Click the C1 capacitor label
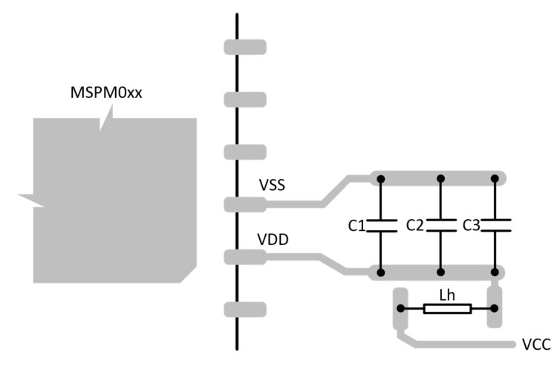358,225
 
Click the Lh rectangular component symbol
446,308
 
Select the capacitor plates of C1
380,225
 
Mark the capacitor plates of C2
440,225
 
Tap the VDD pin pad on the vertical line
244,257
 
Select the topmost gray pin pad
244,46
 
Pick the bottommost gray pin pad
244,308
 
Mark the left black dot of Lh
401,308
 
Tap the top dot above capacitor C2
440,178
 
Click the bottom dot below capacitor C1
380,272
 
